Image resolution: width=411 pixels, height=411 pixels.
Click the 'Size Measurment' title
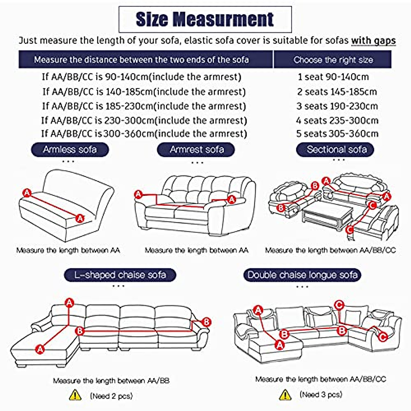pyautogui.click(x=205, y=19)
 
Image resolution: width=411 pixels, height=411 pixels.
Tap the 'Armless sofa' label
pyautogui.click(x=70, y=150)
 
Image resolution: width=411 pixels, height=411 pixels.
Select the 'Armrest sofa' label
pyautogui.click(x=196, y=150)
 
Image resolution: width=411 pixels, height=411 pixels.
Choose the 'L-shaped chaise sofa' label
pyautogui.click(x=120, y=275)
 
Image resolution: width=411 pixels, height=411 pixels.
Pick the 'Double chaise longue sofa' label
pyautogui.click(x=302, y=275)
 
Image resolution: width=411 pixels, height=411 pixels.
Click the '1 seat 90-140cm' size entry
pyautogui.click(x=333, y=77)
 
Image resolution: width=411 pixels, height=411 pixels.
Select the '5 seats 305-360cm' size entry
pyautogui.click(x=337, y=134)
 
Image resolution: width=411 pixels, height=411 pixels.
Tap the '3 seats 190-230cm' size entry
pyautogui.click(x=337, y=106)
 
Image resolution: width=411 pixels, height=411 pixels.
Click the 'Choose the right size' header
pyautogui.click(x=333, y=60)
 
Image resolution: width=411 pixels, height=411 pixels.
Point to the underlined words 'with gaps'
pyautogui.click(x=373, y=40)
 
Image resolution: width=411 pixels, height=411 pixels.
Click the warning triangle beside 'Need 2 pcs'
pyautogui.click(x=75, y=396)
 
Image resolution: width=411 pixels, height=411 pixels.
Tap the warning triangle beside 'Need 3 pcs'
pyautogui.click(x=285, y=395)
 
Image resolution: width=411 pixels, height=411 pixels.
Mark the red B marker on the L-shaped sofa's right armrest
pyautogui.click(x=206, y=322)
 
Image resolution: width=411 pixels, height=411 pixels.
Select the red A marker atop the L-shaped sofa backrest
pyautogui.click(x=70, y=303)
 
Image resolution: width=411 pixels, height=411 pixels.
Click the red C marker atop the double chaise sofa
pyautogui.click(x=339, y=305)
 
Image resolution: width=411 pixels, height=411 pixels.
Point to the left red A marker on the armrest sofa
pyautogui.click(x=138, y=195)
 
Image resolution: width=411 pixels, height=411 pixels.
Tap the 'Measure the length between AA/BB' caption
pyautogui.click(x=111, y=381)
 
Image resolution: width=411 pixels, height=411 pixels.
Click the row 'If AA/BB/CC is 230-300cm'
pyautogui.click(x=144, y=121)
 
